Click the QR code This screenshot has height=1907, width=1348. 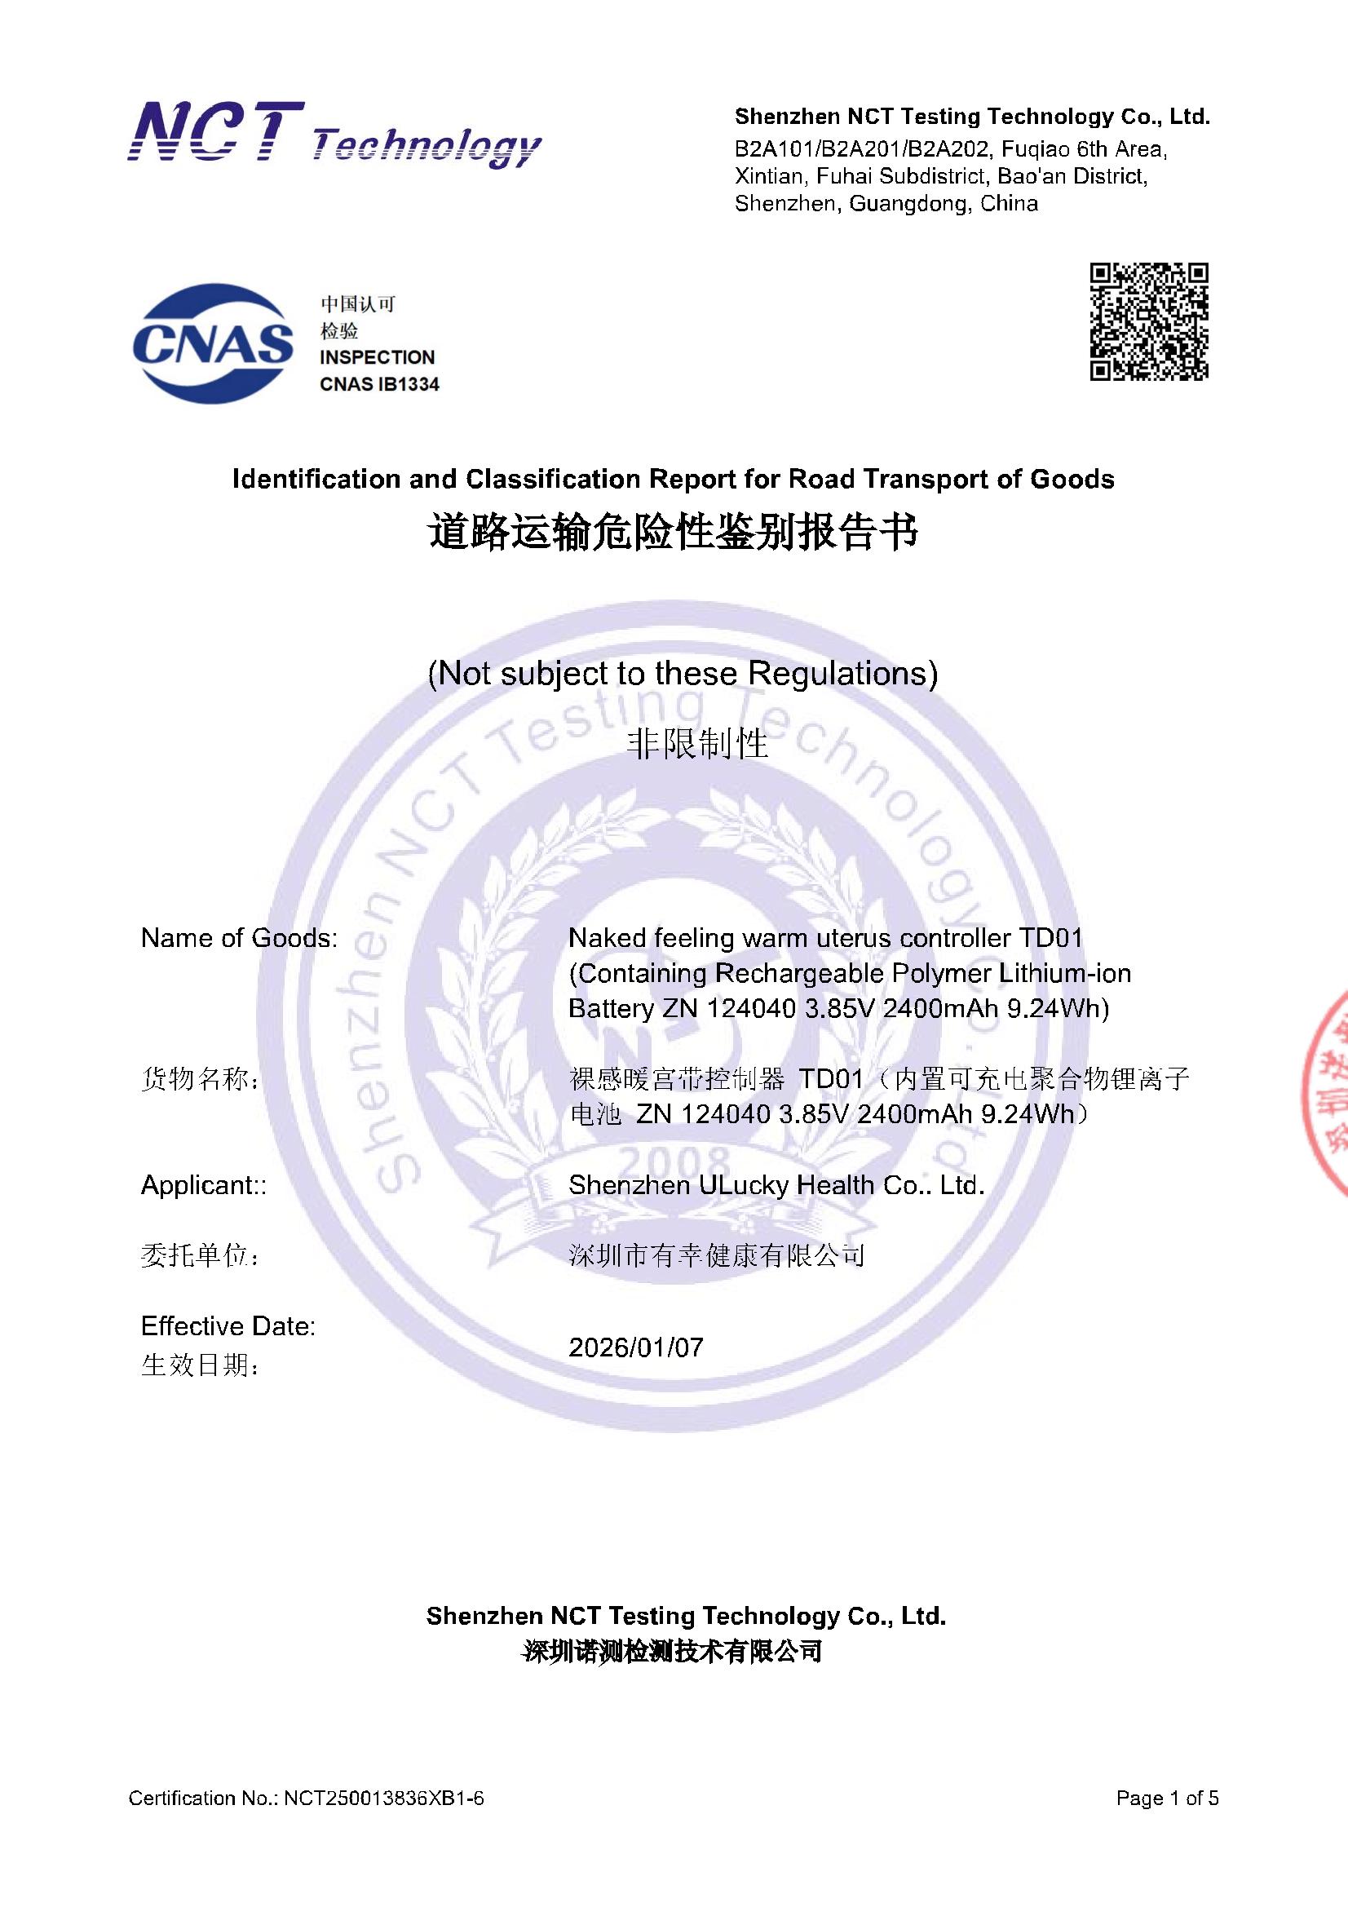point(1149,321)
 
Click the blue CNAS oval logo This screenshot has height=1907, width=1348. point(213,344)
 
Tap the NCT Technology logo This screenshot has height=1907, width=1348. point(334,135)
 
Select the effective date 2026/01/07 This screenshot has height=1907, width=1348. point(635,1347)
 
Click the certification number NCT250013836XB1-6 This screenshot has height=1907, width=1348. point(384,1799)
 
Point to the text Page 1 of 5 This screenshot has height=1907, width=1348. point(1167,1799)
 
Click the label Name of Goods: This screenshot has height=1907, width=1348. point(239,938)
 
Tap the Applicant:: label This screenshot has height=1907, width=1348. point(204,1185)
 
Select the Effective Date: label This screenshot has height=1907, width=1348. point(228,1325)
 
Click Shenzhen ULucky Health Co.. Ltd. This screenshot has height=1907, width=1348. point(776,1185)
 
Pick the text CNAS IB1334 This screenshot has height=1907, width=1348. point(379,384)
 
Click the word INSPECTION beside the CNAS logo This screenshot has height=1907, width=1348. point(377,357)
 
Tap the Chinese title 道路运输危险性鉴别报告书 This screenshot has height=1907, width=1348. point(674,533)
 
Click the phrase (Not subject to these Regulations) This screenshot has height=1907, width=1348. point(682,673)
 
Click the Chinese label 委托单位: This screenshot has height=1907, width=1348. point(200,1256)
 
